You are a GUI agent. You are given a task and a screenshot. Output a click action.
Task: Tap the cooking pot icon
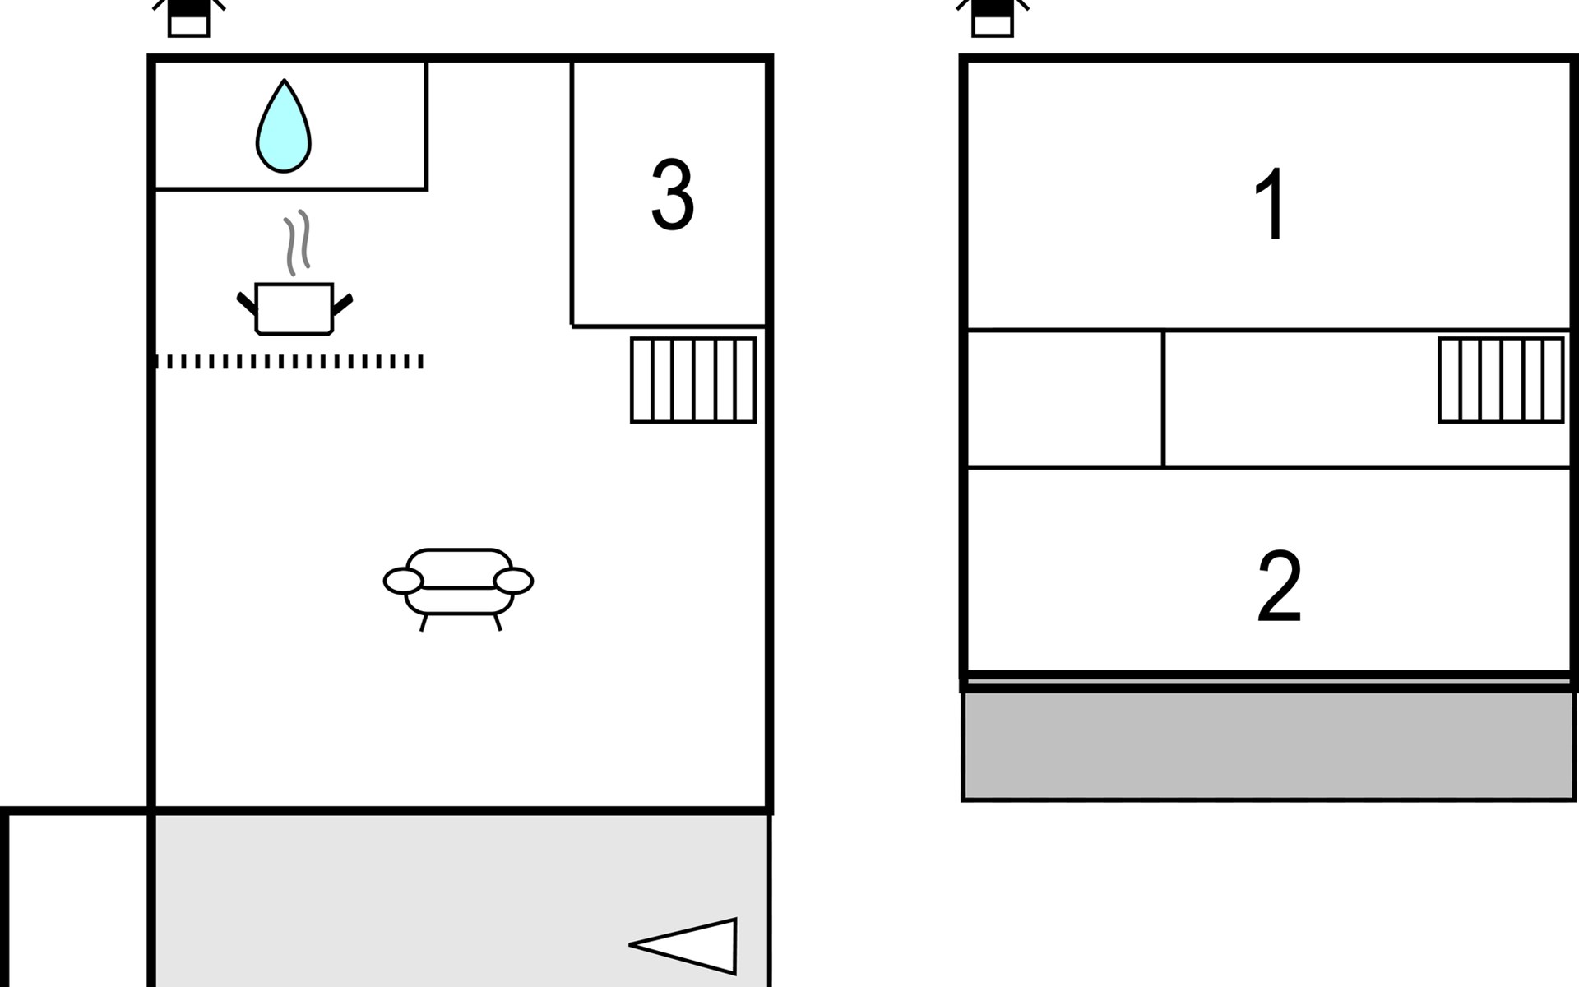pyautogui.click(x=294, y=308)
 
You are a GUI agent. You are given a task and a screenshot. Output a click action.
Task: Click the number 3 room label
pyautogui.click(x=672, y=196)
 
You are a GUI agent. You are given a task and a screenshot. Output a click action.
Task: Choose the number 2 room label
pyautogui.click(x=1279, y=586)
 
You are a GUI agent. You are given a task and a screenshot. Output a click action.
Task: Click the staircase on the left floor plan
pyautogui.click(x=692, y=380)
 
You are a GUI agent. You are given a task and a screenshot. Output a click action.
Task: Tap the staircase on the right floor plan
pyautogui.click(x=1501, y=380)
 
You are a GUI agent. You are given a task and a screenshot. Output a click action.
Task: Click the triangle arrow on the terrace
pyautogui.click(x=691, y=946)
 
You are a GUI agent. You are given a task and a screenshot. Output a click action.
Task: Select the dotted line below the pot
pyautogui.click(x=289, y=362)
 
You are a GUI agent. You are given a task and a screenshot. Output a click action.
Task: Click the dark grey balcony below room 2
pyautogui.click(x=1268, y=745)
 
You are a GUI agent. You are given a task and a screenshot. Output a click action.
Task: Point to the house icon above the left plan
pyautogui.click(x=189, y=18)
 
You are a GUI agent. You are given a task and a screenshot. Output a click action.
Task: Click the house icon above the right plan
pyautogui.click(x=993, y=18)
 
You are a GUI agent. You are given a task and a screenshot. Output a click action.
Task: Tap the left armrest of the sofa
pyautogui.click(x=403, y=581)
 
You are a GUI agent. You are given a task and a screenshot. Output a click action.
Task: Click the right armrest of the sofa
pyautogui.click(x=513, y=581)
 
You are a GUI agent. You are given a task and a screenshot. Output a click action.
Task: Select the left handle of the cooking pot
pyautogui.click(x=246, y=303)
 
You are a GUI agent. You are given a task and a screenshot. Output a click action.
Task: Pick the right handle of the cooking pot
pyautogui.click(x=342, y=304)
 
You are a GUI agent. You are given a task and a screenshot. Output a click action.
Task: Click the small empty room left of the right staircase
pyautogui.click(x=1064, y=399)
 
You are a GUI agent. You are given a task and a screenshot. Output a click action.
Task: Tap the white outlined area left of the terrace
pyautogui.click(x=78, y=901)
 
